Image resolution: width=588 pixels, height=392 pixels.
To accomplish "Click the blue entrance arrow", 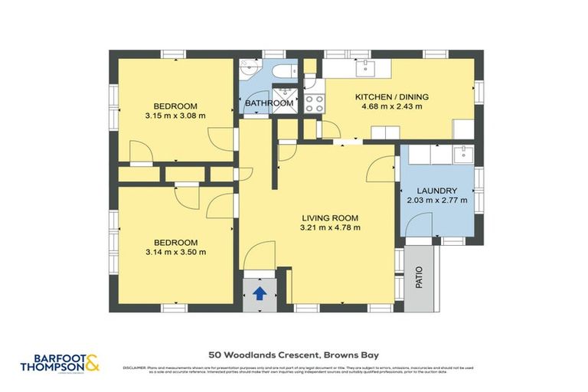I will tap(259, 292).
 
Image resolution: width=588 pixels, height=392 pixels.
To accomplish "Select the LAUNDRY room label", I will tap(436, 191).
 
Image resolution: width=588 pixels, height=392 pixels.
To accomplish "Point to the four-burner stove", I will tap(314, 103).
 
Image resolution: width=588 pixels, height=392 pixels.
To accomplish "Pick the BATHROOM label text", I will tap(269, 103).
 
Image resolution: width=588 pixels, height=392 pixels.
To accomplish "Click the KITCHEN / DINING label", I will tap(391, 97).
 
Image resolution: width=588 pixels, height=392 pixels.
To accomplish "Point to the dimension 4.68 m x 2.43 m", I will tap(391, 107).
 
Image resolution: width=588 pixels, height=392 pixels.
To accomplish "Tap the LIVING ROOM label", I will tap(330, 217).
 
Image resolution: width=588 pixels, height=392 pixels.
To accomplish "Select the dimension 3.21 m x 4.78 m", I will tap(330, 227).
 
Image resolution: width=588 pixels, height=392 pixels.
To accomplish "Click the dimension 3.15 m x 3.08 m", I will tap(175, 116).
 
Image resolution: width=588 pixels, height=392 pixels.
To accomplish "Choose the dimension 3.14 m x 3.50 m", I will tap(175, 252).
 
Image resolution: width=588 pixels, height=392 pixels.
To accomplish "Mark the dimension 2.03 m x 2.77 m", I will tap(436, 201).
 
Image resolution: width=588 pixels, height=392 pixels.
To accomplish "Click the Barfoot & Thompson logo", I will tap(60, 362).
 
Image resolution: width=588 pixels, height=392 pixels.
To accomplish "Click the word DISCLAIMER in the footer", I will tap(135, 368).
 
